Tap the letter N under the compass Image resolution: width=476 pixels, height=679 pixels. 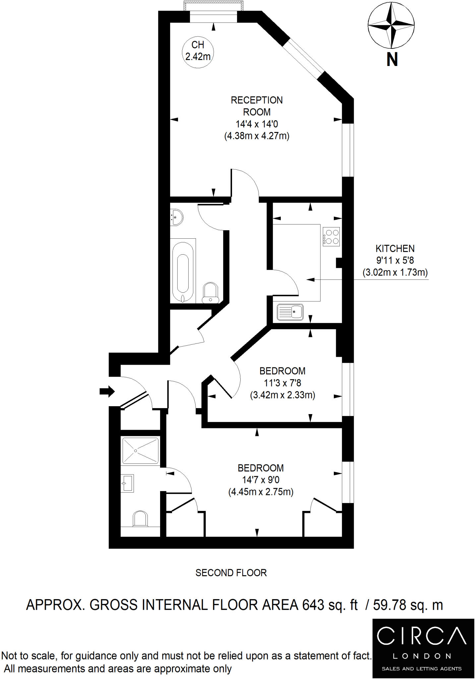[392, 60]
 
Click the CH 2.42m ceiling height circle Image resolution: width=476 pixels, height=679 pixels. [198, 51]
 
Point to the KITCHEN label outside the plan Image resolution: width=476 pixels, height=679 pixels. [395, 248]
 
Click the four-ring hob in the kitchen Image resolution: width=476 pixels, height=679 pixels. [331, 237]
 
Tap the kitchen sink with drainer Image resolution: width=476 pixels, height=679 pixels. [290, 312]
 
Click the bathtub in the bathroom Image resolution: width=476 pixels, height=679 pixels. [183, 270]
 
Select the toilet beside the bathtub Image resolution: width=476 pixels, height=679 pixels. [210, 293]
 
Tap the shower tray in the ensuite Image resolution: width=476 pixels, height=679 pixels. [140, 451]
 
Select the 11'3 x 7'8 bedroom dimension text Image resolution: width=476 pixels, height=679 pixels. [282, 383]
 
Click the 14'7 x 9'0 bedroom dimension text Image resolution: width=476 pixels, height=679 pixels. [261, 480]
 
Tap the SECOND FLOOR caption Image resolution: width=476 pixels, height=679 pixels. [231, 573]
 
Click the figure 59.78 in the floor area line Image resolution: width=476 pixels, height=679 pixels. [390, 605]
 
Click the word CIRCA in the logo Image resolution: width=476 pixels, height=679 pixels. [421, 636]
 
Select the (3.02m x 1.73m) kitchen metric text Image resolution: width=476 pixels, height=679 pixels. [395, 273]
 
